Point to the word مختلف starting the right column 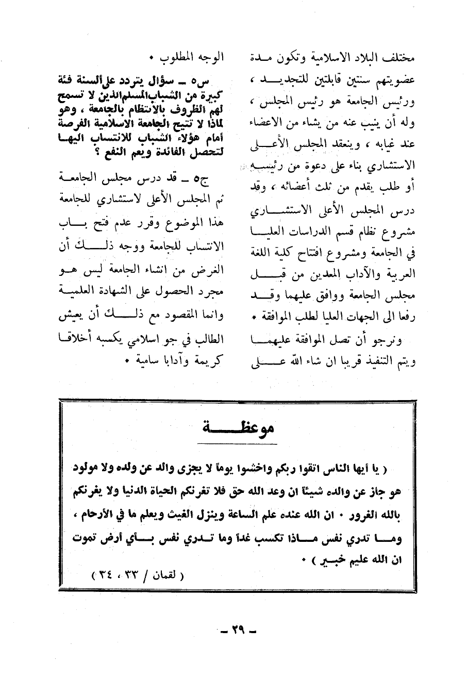[399, 57]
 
